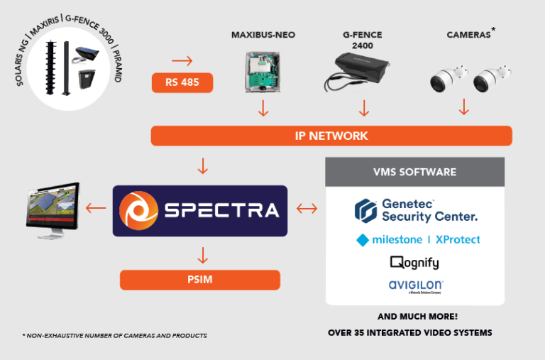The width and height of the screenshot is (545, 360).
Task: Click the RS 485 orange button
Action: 182,83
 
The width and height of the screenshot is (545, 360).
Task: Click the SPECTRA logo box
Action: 199,211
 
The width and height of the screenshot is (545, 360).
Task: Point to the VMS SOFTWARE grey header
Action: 415,172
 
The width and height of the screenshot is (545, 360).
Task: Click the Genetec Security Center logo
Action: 415,210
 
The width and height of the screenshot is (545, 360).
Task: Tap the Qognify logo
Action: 414,263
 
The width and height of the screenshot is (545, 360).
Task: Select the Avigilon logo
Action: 416,286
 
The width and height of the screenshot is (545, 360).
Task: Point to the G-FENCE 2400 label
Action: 363,40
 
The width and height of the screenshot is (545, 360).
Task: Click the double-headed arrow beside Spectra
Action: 306,209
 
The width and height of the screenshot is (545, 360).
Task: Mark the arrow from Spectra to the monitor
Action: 98,209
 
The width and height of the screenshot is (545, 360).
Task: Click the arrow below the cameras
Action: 464,108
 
